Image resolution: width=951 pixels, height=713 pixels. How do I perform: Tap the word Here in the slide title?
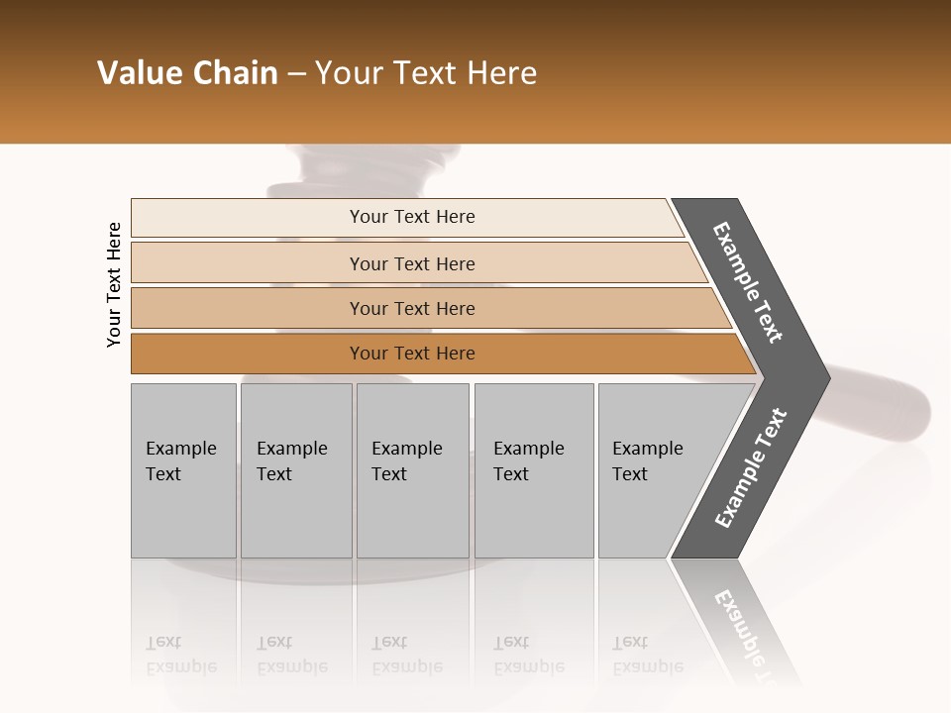click(x=501, y=73)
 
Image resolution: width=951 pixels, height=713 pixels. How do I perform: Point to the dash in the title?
click(x=296, y=74)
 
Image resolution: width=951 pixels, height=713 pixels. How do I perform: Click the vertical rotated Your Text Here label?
click(x=114, y=284)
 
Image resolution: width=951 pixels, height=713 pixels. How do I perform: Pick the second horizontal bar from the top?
click(x=412, y=263)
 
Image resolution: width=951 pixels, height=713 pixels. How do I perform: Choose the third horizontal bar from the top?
click(x=412, y=308)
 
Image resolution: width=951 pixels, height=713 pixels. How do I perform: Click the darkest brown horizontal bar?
click(x=412, y=354)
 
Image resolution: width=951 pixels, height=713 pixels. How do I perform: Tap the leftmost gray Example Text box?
click(x=183, y=470)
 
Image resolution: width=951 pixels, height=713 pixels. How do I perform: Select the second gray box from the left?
click(x=296, y=470)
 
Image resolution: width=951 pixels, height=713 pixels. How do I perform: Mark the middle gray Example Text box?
click(x=412, y=470)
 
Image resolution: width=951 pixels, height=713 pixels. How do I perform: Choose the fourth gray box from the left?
click(x=534, y=470)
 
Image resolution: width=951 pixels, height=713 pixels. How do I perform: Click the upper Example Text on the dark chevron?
click(x=749, y=282)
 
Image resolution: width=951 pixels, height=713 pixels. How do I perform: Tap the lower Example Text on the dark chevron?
click(x=750, y=468)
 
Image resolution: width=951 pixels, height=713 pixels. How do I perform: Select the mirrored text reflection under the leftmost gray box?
click(x=180, y=655)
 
